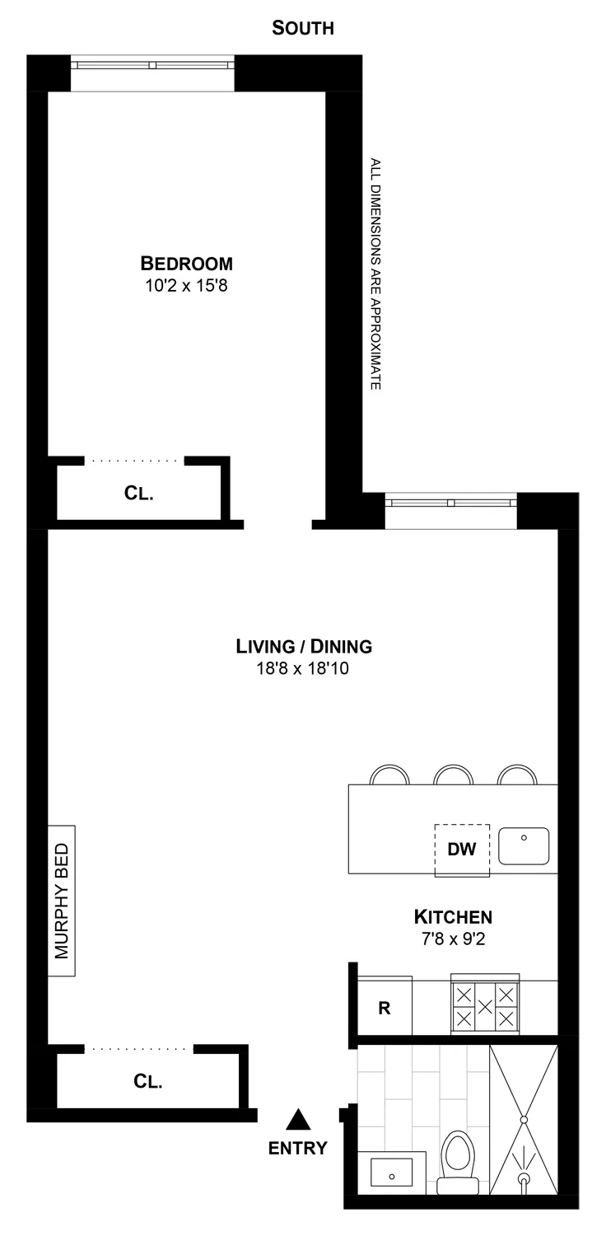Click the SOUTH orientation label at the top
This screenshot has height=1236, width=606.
[303, 29]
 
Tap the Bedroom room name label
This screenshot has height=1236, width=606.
[187, 264]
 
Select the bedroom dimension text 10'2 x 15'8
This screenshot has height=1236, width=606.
[187, 287]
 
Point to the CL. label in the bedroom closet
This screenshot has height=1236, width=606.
[139, 494]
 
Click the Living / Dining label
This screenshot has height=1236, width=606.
[304, 646]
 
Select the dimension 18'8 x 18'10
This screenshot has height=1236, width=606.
[304, 669]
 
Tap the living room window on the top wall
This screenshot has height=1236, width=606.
[450, 502]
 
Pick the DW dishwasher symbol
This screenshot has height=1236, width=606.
[462, 850]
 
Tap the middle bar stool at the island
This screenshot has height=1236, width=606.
[454, 775]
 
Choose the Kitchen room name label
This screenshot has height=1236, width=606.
[453, 916]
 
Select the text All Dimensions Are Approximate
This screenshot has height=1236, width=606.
[375, 274]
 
